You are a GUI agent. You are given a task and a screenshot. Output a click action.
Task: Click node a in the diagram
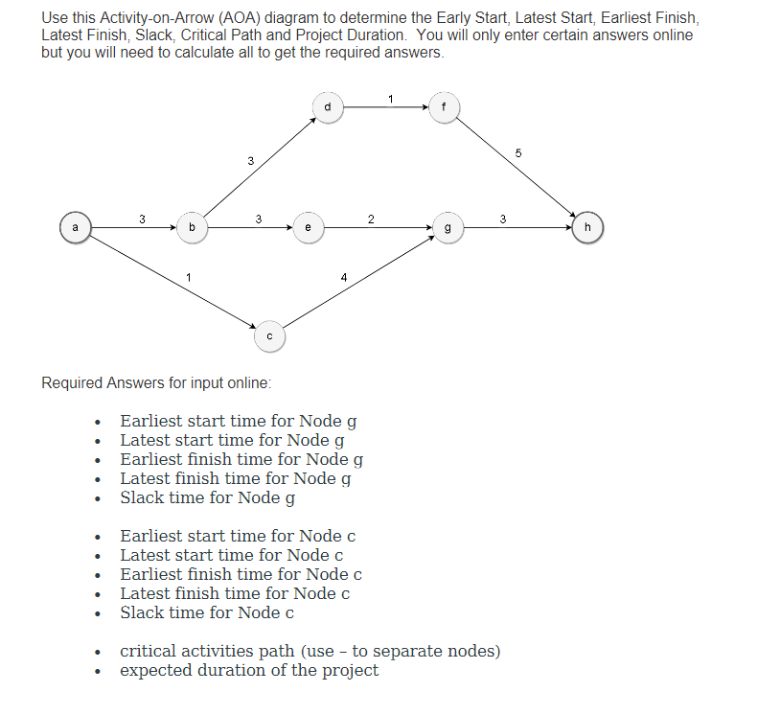pyautogui.click(x=74, y=228)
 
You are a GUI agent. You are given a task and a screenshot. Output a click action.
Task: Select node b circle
pyautogui.click(x=192, y=228)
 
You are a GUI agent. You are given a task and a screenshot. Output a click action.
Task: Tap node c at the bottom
pyautogui.click(x=269, y=336)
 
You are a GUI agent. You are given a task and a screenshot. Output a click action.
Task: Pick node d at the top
pyautogui.click(x=328, y=107)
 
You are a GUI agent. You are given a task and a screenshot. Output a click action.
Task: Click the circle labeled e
pyautogui.click(x=308, y=228)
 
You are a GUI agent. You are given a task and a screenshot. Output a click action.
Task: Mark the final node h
pyautogui.click(x=586, y=228)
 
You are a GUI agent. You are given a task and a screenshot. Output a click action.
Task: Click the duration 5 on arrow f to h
pyautogui.click(x=517, y=153)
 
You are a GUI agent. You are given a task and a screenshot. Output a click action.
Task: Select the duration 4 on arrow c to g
pyautogui.click(x=344, y=278)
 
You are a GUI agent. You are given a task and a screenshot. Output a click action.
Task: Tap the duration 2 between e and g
pyautogui.click(x=371, y=219)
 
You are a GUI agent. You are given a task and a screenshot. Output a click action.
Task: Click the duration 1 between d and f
pyautogui.click(x=390, y=98)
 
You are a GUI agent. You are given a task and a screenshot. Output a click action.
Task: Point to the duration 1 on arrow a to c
pyautogui.click(x=190, y=278)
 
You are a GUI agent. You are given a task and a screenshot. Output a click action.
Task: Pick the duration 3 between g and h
pyautogui.click(x=503, y=219)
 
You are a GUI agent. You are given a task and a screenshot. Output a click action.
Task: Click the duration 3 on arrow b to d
pyautogui.click(x=249, y=160)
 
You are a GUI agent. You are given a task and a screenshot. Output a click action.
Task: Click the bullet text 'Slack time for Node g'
pyautogui.click(x=207, y=497)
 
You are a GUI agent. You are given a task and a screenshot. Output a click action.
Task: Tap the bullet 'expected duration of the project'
pyautogui.click(x=248, y=670)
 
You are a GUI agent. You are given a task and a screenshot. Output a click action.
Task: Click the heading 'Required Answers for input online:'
pyautogui.click(x=156, y=383)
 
